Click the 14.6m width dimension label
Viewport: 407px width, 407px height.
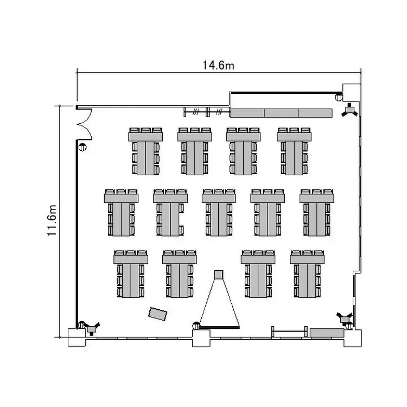[x=218, y=66]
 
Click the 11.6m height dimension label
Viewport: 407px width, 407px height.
[x=52, y=221]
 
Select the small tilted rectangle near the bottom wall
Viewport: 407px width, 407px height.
[x=157, y=314]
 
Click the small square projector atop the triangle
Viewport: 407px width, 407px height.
[x=219, y=275]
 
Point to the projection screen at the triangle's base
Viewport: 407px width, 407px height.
[x=219, y=328]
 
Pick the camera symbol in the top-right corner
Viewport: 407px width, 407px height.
[x=350, y=110]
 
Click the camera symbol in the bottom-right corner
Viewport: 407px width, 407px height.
[x=345, y=318]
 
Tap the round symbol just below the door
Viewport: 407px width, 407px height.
[x=82, y=147]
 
